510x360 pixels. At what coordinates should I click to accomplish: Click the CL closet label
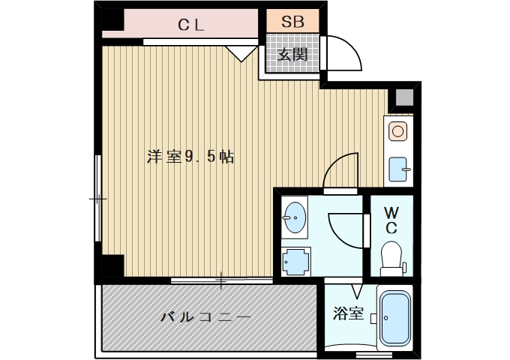[191, 23]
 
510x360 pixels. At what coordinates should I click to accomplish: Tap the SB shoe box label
[292, 21]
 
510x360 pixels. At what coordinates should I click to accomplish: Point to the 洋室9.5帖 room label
[190, 157]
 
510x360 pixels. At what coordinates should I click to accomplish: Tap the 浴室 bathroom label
[349, 314]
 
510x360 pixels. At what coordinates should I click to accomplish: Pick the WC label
[392, 218]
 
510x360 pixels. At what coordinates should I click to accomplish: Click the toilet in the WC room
[392, 257]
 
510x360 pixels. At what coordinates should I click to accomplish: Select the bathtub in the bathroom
[394, 317]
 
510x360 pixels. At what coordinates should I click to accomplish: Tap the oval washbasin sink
[295, 218]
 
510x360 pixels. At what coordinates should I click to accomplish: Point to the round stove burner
[397, 132]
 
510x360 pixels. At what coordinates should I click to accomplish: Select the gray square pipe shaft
[403, 97]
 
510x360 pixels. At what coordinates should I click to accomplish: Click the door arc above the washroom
[343, 171]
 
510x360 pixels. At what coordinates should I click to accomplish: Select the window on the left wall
[97, 199]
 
